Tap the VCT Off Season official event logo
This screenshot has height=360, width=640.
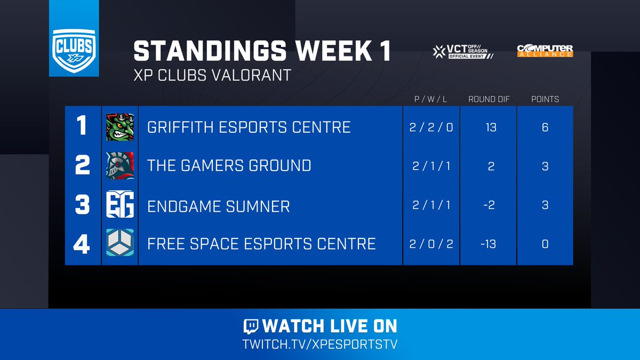[462, 51]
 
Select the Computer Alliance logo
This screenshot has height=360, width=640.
[545, 51]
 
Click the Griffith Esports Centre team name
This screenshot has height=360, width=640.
[249, 127]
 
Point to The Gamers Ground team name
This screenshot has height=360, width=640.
[229, 165]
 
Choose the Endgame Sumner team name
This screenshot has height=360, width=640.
[219, 205]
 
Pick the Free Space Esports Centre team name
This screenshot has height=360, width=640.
[261, 244]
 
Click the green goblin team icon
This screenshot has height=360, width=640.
[119, 127]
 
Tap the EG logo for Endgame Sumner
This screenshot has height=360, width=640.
[119, 205]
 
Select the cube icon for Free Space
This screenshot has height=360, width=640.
[119, 244]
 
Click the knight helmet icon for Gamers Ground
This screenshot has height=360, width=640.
[119, 166]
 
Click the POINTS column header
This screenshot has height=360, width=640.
[545, 99]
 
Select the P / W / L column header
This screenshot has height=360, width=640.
[430, 99]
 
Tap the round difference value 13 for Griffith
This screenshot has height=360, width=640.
[490, 127]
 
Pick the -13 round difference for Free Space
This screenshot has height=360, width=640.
[489, 244]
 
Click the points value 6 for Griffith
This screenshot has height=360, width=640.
[545, 127]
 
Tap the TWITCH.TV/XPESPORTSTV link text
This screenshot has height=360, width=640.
[320, 343]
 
